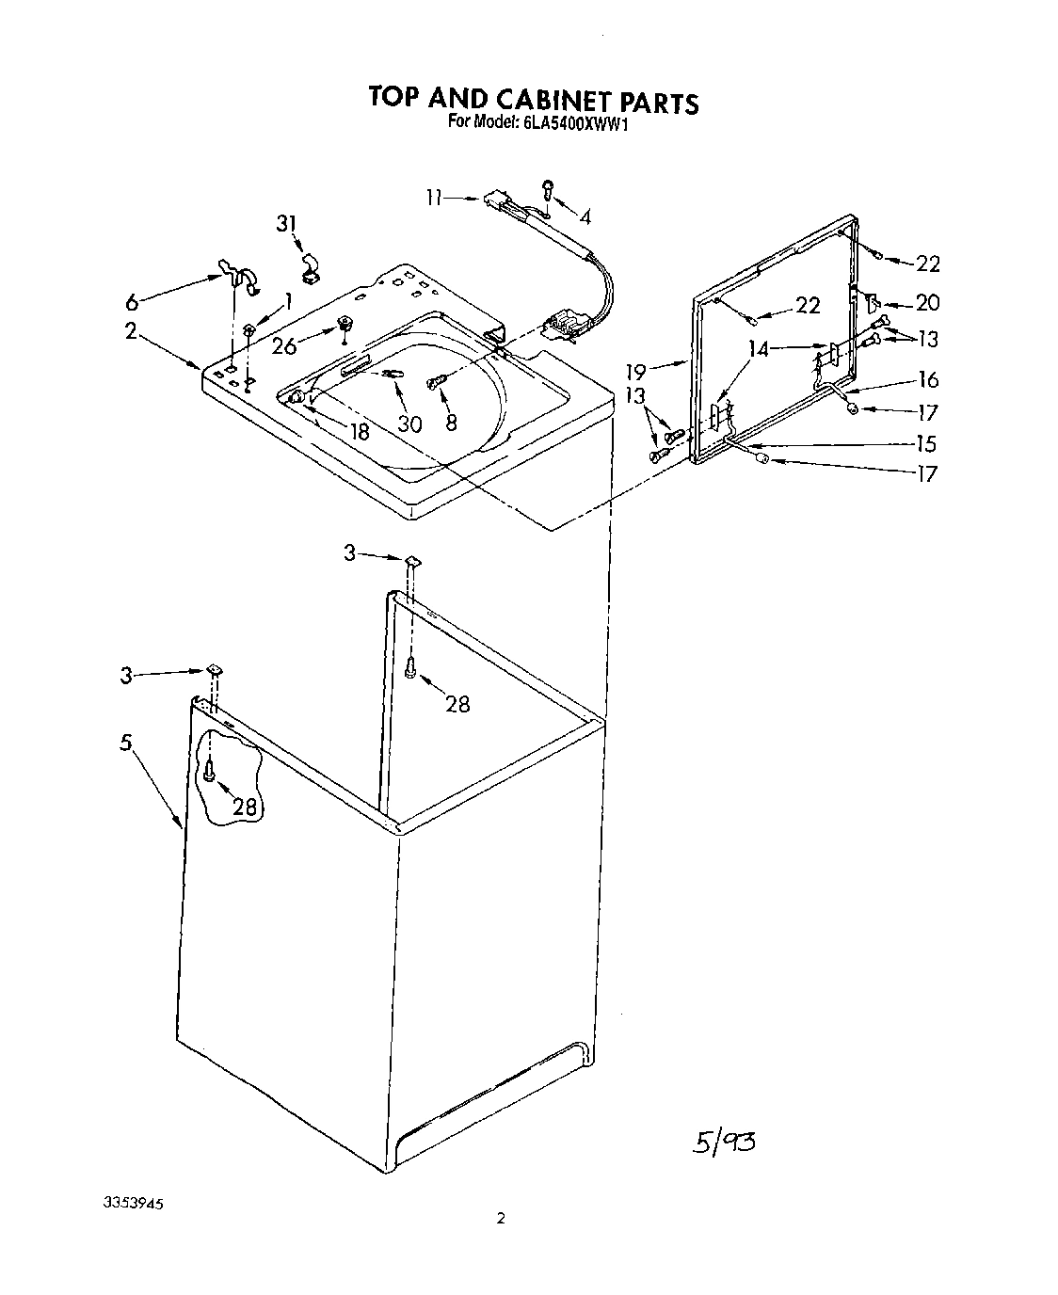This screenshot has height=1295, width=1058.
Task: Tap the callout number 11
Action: pyautogui.click(x=434, y=198)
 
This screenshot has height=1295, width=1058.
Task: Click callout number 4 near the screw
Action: pyautogui.click(x=585, y=217)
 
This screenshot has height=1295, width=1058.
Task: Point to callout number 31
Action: pyautogui.click(x=286, y=224)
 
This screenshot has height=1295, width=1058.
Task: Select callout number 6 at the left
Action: pyautogui.click(x=133, y=302)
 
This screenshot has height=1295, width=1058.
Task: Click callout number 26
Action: pyautogui.click(x=284, y=346)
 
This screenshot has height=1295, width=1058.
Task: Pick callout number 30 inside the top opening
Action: pyautogui.click(x=409, y=424)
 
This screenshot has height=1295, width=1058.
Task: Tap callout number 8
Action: pyautogui.click(x=451, y=423)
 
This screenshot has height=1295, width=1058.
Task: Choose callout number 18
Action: pyautogui.click(x=359, y=432)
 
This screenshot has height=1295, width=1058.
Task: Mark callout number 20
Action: pyautogui.click(x=927, y=302)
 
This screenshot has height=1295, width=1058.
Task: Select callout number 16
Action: pyautogui.click(x=927, y=379)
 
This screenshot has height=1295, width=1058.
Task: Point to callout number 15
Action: pyautogui.click(x=926, y=443)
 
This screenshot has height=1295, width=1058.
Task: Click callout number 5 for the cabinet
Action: pyautogui.click(x=125, y=743)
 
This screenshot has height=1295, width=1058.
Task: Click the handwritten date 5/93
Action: pyautogui.click(x=724, y=1143)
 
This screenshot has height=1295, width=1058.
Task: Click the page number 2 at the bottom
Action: pyautogui.click(x=501, y=1219)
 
